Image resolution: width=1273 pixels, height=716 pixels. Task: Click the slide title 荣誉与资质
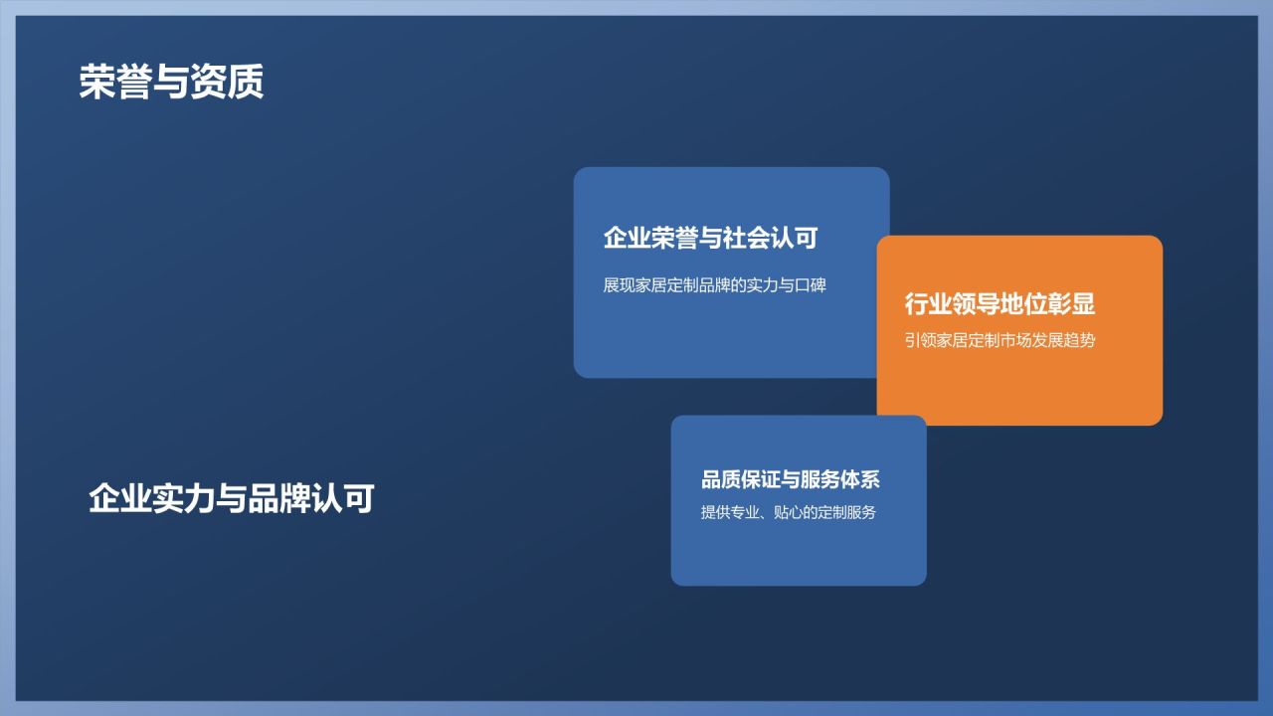coord(171,83)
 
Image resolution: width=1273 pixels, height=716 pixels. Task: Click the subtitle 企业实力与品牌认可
coord(231,498)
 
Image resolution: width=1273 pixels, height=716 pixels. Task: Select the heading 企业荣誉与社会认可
coord(710,238)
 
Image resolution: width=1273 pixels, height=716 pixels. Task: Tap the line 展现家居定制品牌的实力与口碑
coord(714,285)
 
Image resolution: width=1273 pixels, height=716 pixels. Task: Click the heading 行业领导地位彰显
coord(1000,303)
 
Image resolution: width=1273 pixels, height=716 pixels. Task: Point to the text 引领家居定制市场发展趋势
coord(1000,340)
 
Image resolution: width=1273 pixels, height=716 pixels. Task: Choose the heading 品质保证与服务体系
coord(791,479)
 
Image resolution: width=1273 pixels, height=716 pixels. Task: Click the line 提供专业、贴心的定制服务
coord(788,513)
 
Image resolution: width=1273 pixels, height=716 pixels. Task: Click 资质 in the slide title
coord(233,83)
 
